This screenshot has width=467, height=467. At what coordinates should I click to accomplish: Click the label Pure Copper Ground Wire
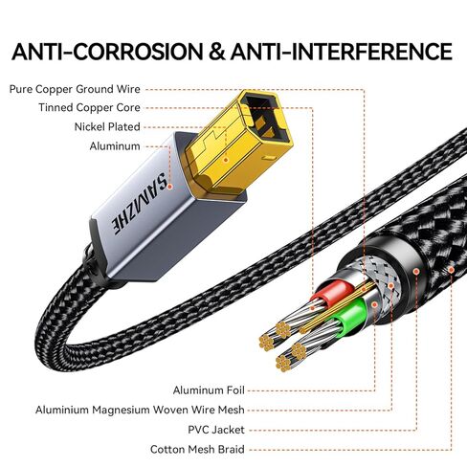(x=75, y=89)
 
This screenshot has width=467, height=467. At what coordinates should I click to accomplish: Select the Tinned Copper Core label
(x=89, y=107)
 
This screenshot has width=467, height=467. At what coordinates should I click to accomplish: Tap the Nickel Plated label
(x=107, y=127)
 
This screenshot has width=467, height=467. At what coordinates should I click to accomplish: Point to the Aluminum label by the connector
(x=115, y=146)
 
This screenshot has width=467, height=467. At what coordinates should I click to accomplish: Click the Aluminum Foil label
(x=209, y=390)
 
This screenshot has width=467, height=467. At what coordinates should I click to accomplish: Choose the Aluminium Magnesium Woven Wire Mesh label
(x=140, y=410)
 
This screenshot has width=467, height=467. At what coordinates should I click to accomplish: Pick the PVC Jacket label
(x=216, y=430)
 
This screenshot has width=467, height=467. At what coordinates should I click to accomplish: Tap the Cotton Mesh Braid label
(x=197, y=450)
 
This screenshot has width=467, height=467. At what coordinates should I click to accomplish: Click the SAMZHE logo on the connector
(x=140, y=203)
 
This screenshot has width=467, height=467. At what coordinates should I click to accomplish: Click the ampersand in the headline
(x=217, y=52)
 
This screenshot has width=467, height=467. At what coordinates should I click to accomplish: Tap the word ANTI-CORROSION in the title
(x=107, y=52)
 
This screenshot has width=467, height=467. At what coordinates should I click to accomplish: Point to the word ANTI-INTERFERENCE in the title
(x=342, y=52)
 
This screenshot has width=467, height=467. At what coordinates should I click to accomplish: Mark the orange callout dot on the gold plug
(x=226, y=160)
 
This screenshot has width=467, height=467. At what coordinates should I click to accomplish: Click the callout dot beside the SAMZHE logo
(x=170, y=187)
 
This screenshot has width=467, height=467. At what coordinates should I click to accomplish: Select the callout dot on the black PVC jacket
(x=416, y=272)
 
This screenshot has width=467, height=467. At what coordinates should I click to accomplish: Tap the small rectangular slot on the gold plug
(x=269, y=158)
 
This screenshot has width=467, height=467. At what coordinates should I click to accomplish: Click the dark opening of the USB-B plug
(x=266, y=118)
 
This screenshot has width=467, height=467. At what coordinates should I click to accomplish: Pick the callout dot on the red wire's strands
(x=313, y=308)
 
